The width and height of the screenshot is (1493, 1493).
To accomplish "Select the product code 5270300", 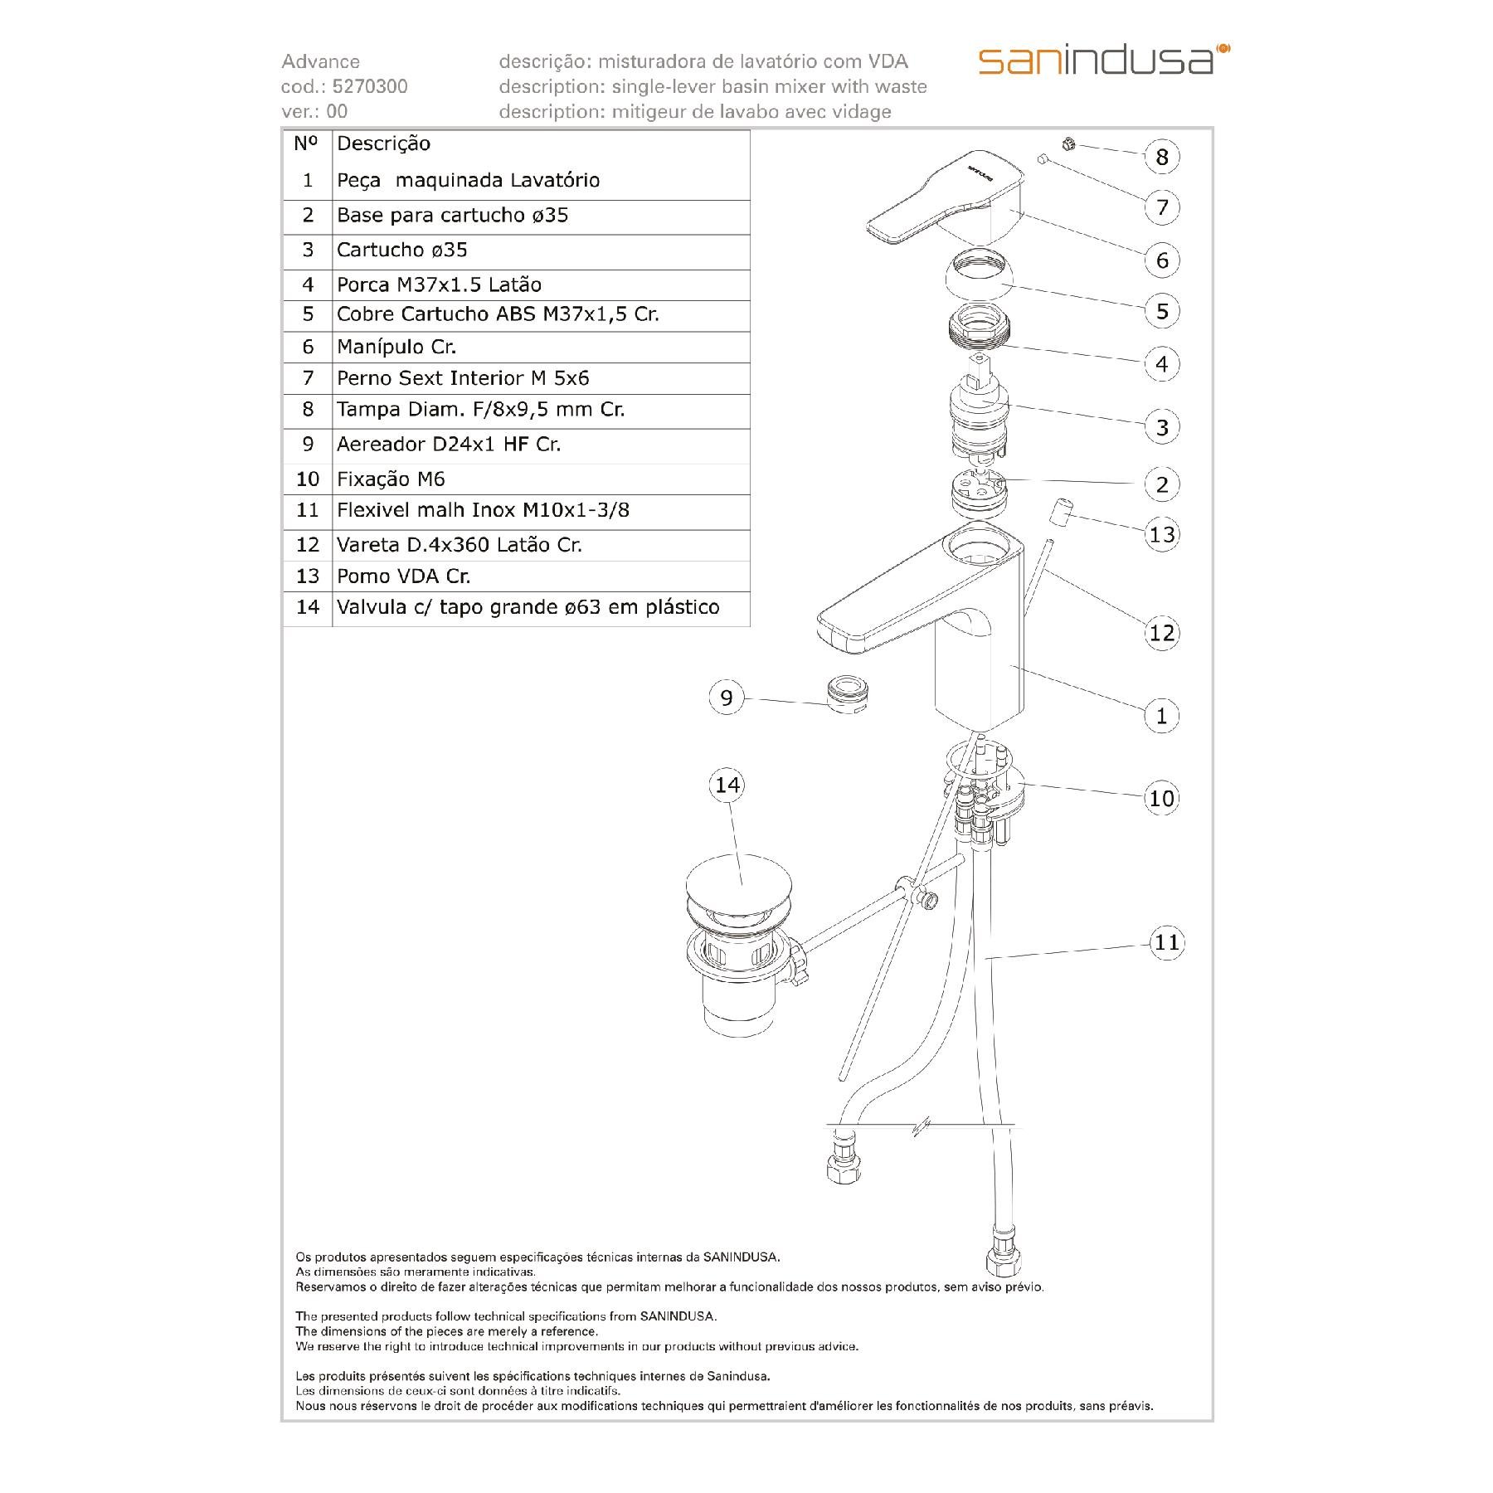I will tap(369, 86).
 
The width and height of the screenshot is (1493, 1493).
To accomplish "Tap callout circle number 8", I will tap(1161, 157).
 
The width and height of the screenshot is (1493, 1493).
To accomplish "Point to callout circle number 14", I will tap(727, 785).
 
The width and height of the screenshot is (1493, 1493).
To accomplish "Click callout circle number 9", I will tap(727, 698).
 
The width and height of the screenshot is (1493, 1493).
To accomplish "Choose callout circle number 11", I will tap(1166, 942).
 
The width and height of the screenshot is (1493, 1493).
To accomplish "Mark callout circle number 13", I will tap(1162, 534).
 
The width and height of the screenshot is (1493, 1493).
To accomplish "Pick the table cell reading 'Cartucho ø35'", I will tap(401, 250).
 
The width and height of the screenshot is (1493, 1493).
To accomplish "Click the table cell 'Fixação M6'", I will tap(391, 479).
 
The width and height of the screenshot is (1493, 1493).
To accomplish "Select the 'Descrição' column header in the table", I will tap(383, 143).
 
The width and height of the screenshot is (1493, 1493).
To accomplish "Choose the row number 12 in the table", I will tap(308, 544).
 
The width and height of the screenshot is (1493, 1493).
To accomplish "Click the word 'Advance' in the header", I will tap(320, 61).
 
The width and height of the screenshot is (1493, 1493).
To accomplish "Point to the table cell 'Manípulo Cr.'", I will tap(396, 347).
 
